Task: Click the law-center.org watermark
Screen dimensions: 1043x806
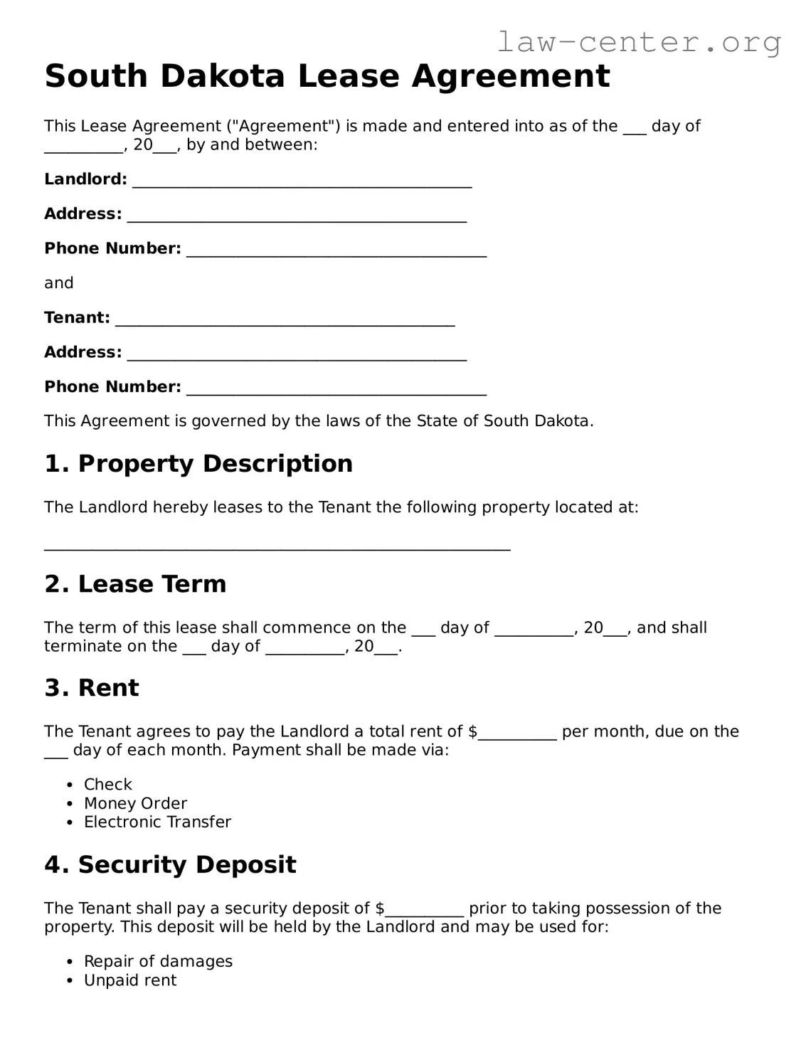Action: (x=638, y=42)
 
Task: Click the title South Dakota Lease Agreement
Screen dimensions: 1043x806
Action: (x=327, y=76)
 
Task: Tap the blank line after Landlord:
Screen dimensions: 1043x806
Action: (x=302, y=181)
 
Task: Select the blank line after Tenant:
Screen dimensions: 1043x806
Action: (x=285, y=320)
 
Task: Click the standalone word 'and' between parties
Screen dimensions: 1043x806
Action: (x=59, y=283)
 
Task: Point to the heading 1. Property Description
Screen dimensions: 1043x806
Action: (x=198, y=464)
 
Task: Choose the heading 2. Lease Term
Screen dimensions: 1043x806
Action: (x=135, y=584)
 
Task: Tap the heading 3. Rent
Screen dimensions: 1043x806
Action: (x=92, y=688)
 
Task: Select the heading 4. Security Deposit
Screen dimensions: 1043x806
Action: (x=170, y=864)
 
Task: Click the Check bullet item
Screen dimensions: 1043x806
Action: (x=108, y=785)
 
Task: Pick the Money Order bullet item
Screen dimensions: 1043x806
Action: (x=135, y=803)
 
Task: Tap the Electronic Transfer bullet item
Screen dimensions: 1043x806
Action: (x=157, y=822)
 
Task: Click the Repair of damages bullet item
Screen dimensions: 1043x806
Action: (x=158, y=962)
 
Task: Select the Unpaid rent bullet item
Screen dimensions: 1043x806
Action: (x=130, y=980)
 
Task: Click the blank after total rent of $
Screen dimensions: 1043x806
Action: (x=517, y=734)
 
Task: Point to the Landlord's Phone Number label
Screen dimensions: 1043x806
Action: (x=112, y=248)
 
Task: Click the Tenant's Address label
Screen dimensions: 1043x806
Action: (x=83, y=352)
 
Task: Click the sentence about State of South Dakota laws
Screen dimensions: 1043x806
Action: (x=319, y=421)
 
